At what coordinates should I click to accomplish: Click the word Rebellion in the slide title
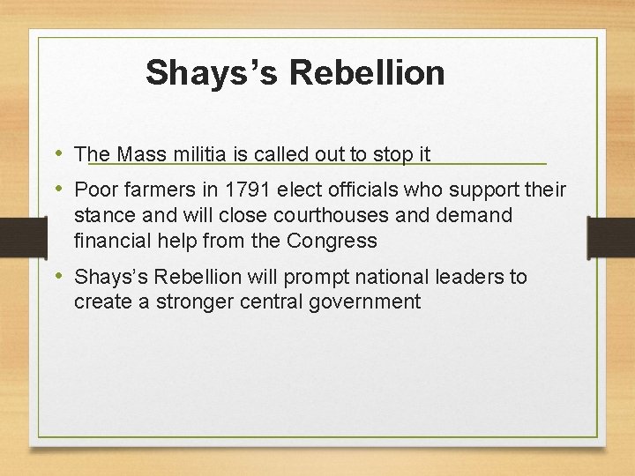point(366,72)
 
